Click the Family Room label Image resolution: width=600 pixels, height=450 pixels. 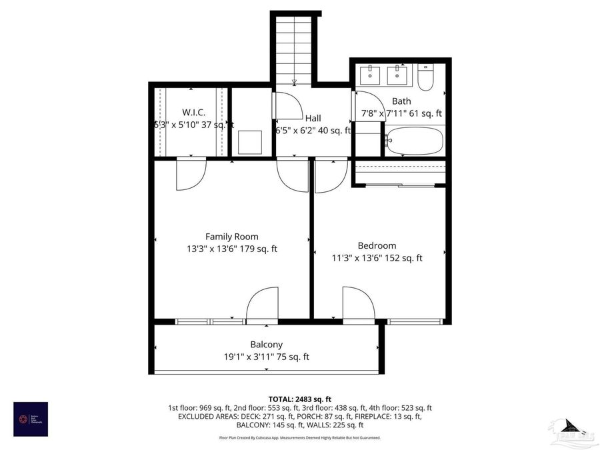[x=231, y=237]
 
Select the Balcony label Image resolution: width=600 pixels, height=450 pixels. [x=266, y=345]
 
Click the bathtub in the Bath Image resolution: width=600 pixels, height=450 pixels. [x=413, y=141]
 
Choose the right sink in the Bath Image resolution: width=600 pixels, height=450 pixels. [x=399, y=74]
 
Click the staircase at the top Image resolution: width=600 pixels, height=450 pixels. [x=294, y=47]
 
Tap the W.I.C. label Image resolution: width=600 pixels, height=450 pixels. [x=193, y=113]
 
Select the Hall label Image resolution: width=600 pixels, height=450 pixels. [x=313, y=118]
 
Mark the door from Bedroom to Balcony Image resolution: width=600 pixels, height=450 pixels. [x=357, y=305]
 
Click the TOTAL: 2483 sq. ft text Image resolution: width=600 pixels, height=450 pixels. [x=299, y=399]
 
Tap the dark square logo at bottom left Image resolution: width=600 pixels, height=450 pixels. [x=31, y=419]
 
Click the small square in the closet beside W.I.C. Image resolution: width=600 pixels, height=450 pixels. [x=251, y=142]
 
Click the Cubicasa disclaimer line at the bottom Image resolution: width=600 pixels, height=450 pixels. [x=299, y=438]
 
